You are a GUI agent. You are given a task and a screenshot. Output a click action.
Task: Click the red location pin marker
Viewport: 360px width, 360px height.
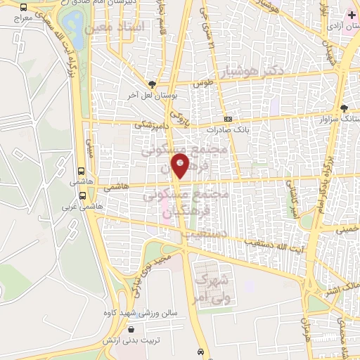[x=181, y=165]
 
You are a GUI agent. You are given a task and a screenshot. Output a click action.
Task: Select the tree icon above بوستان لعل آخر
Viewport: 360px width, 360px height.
[x=152, y=84]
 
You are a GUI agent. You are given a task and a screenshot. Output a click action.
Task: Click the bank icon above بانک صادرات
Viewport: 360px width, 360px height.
[x=228, y=120]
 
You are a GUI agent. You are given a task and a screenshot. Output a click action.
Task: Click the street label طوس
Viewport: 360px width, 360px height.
[x=204, y=83]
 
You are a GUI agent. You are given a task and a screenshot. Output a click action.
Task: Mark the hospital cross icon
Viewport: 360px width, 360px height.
[x=352, y=15]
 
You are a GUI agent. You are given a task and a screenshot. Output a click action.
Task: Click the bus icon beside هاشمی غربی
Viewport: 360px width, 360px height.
[x=83, y=195]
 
